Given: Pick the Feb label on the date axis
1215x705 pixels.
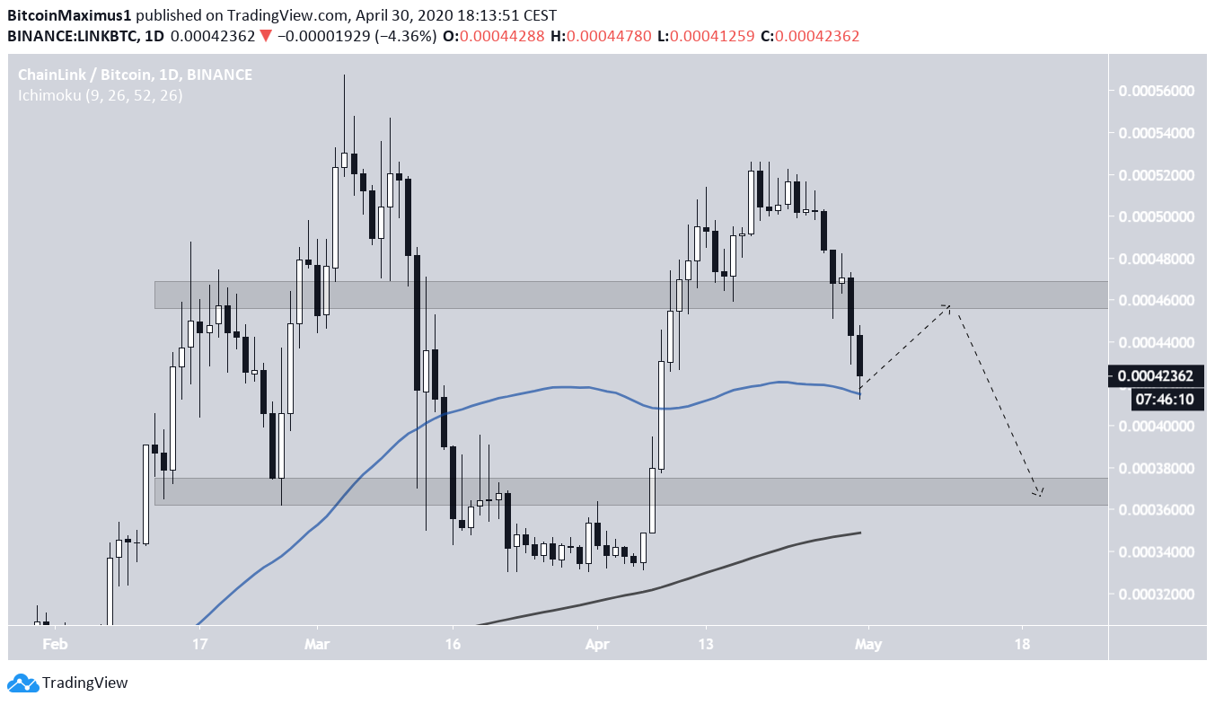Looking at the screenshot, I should click(56, 644).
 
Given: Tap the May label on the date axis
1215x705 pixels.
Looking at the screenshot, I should click(867, 644).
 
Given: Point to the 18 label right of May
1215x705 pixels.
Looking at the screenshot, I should click(1021, 644).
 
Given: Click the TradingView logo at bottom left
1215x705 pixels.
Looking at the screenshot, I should click(68, 683).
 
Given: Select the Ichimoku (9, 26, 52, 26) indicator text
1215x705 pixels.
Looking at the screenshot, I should click(101, 95).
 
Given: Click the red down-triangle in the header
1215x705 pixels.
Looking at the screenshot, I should click(265, 37).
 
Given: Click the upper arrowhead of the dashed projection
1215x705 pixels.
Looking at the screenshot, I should click(947, 306).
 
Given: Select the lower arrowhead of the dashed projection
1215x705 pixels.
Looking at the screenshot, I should click(1039, 493).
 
